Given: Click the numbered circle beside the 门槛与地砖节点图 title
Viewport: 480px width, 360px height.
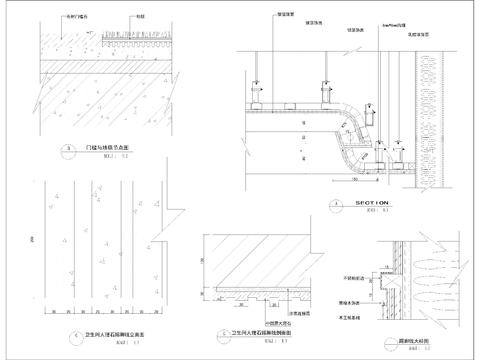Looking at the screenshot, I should click(x=69, y=150).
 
